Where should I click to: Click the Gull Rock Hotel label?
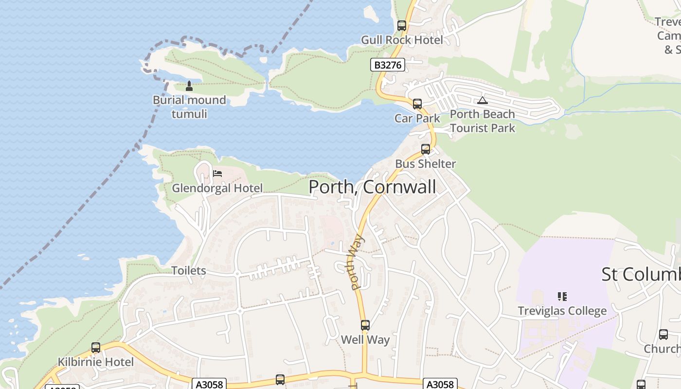pos(402,40)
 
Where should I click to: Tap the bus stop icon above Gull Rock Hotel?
pos(402,26)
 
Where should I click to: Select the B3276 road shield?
pos(388,65)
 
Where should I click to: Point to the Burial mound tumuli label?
pos(189,107)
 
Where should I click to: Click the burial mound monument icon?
pos(189,87)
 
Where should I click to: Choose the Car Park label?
pos(417,118)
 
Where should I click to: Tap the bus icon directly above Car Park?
pos(417,104)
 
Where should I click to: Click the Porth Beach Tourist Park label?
pos(482,121)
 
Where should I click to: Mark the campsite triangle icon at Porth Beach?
pos(482,101)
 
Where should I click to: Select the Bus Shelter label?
pos(425,164)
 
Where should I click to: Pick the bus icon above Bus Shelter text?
pos(426,149)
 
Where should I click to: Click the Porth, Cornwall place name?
pos(372,187)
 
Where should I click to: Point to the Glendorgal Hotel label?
pos(217,188)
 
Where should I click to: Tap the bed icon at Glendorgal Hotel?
pos(217,173)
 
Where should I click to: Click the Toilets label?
pos(188,271)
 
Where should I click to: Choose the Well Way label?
pos(365,340)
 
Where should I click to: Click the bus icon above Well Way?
pos(365,325)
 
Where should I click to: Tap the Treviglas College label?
pos(562,311)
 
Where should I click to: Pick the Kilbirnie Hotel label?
pos(96,362)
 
